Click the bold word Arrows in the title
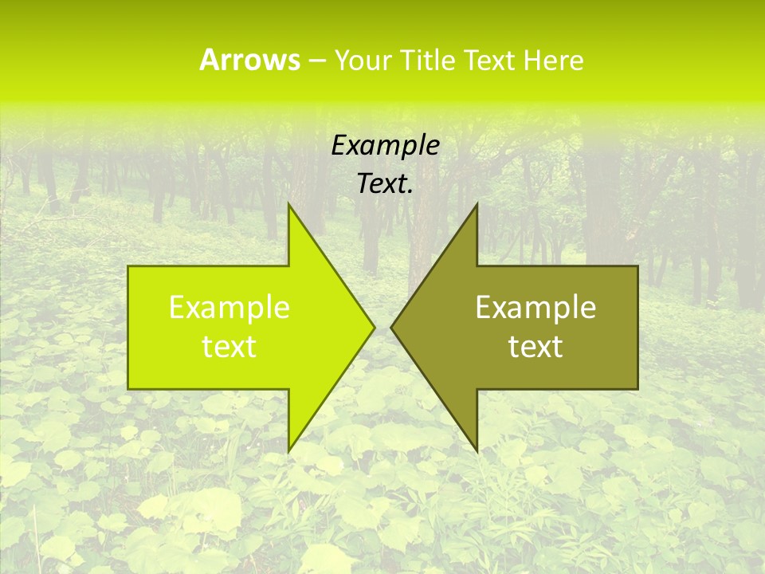tap(249, 60)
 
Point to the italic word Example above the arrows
tap(385, 146)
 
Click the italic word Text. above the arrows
tap(385, 184)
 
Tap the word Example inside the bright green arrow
tap(229, 308)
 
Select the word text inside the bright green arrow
tap(229, 347)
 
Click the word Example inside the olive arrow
tap(535, 308)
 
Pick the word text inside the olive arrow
tap(535, 347)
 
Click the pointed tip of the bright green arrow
tap(374, 327)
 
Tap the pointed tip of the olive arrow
tap(391, 327)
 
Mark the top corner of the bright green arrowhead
tap(288, 205)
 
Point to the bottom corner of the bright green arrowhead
tap(288, 450)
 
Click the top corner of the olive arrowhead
tap(477, 205)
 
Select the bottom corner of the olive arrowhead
tap(477, 450)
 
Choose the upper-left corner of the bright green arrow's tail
tap(128, 267)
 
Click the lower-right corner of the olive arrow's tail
tap(637, 388)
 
